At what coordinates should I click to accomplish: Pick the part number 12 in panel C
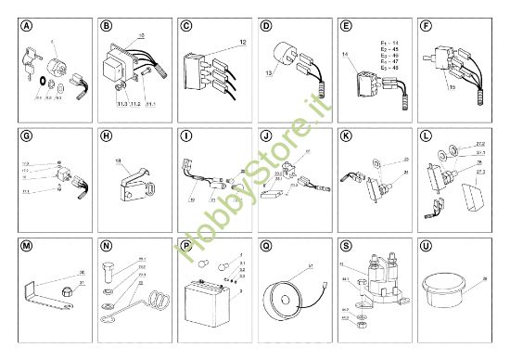click(242, 42)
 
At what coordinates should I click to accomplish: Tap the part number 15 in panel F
click(452, 87)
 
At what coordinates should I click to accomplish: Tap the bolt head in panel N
click(108, 270)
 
